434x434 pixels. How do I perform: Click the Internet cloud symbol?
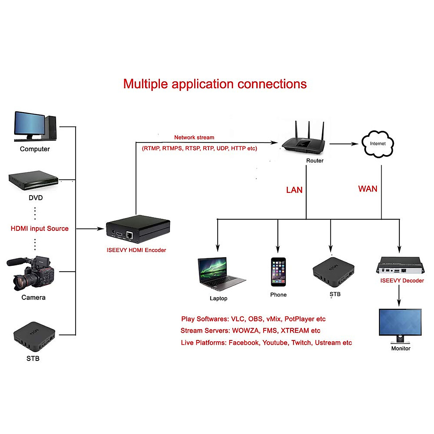pos(378,144)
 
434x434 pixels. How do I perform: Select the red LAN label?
pos(294,190)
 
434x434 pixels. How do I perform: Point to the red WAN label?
pos(367,189)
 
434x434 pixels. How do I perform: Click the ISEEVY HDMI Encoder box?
pos(138,230)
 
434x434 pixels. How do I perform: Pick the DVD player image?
pos(33,180)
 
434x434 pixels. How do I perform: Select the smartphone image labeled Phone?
pos(278,272)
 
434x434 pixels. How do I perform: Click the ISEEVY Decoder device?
pos(400,266)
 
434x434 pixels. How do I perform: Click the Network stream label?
pos(194,137)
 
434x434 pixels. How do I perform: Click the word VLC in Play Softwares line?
pos(238,319)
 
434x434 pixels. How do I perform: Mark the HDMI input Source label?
pos(39,229)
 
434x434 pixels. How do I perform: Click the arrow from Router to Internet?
pos(344,144)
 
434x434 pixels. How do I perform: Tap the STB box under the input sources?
pos(34,336)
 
